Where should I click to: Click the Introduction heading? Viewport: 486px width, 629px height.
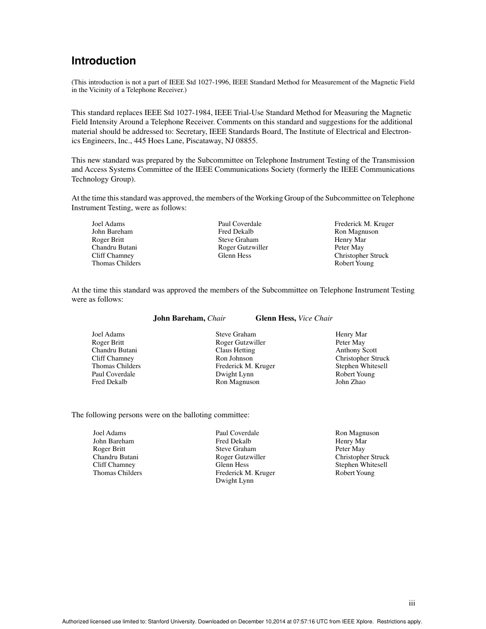pyautogui.click(x=103, y=61)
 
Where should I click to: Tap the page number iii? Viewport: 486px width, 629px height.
pyautogui.click(x=412, y=603)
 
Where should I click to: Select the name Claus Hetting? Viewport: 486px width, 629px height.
pyautogui.click(x=235, y=350)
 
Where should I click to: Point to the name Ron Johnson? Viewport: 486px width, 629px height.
pyautogui.click(x=234, y=358)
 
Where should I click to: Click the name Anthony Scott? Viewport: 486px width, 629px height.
pyautogui.click(x=356, y=350)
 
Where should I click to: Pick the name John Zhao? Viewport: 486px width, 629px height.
pyautogui.click(x=350, y=382)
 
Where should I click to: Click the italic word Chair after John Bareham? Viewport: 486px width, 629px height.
pyautogui.click(x=216, y=318)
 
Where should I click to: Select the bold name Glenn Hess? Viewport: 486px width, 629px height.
pyautogui.click(x=276, y=318)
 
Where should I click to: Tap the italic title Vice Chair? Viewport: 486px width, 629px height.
pyautogui.click(x=316, y=318)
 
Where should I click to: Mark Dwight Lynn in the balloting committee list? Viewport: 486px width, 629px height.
pyautogui.click(x=234, y=481)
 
